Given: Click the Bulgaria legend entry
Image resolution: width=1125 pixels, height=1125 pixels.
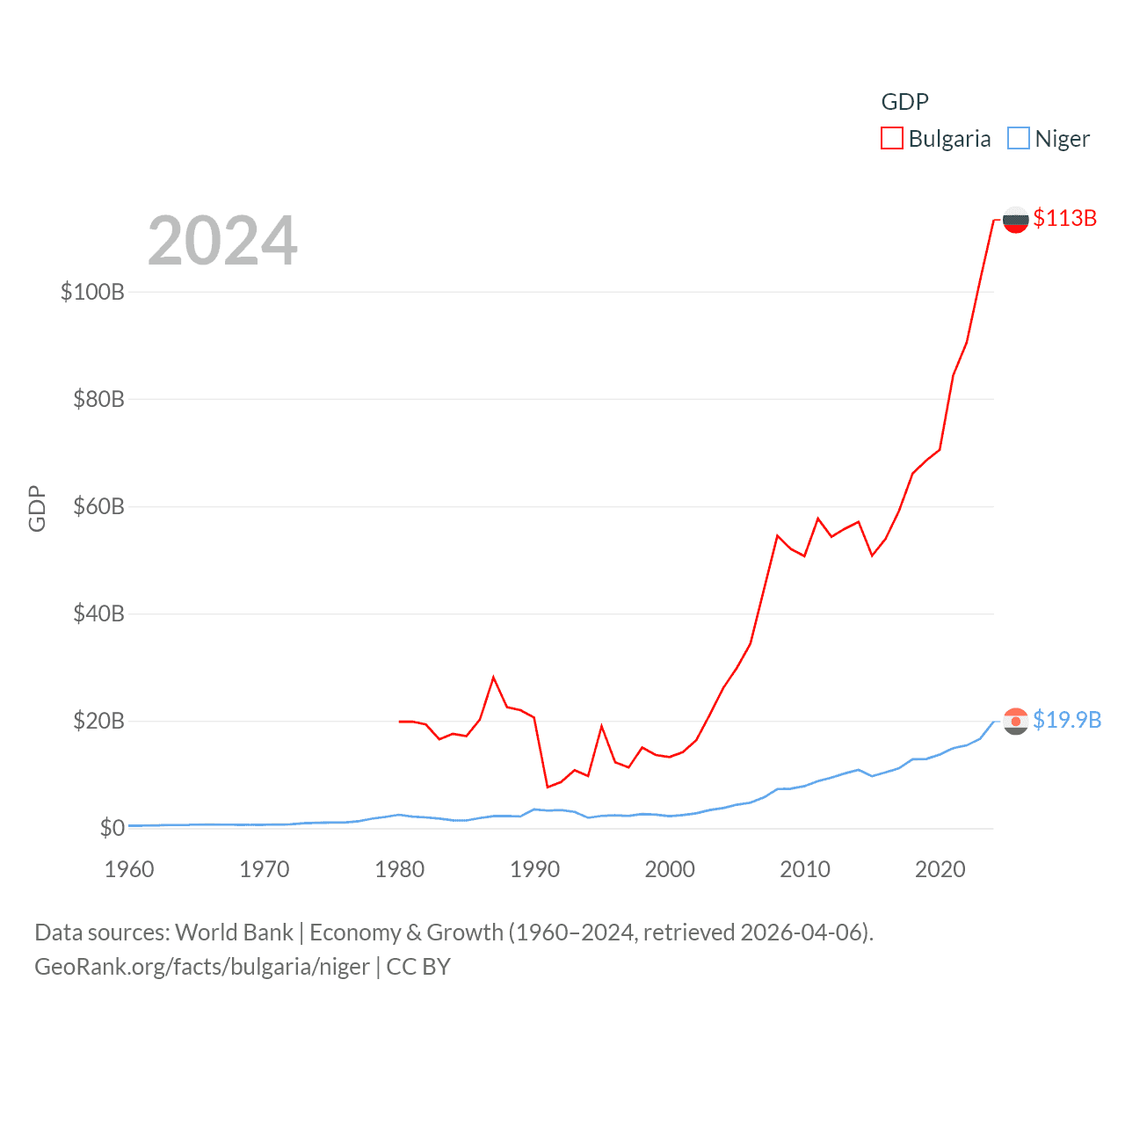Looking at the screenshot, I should pos(937,139).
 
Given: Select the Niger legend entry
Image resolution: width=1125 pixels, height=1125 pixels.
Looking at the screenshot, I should pos(1049,139).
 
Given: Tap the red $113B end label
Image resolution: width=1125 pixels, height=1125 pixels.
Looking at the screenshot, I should pos(1064,218).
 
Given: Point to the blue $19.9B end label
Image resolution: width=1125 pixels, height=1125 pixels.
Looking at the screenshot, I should pos(1066,720).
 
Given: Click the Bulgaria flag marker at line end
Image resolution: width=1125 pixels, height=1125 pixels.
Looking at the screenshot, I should pos(1015,220).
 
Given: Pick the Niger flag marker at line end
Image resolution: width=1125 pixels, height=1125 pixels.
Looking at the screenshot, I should pos(1015,722).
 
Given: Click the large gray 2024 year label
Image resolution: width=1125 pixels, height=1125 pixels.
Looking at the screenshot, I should pos(222,241).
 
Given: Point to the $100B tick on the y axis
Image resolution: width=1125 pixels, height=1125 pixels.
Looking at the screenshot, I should pos(92,292).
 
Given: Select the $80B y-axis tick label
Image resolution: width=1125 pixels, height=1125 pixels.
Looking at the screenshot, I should pos(98,399).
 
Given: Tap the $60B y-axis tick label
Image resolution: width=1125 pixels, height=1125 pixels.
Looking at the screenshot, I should pos(98,506).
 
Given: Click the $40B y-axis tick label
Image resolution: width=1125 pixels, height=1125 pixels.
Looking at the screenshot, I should pos(98,613).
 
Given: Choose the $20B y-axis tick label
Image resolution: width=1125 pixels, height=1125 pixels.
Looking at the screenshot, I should pos(98,721).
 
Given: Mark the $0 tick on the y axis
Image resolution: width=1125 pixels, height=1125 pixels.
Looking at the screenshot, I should pos(112,828).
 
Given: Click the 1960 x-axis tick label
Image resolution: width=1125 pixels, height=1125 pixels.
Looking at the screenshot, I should pos(129,869).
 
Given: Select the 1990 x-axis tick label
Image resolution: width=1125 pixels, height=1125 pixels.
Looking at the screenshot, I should pos(534,869).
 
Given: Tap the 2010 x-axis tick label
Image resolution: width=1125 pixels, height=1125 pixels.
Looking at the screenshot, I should pos(805,869).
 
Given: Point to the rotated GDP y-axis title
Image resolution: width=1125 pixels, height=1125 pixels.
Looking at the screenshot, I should pos(37,508).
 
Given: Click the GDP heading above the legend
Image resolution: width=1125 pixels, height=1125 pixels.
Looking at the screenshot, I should pos(904,102).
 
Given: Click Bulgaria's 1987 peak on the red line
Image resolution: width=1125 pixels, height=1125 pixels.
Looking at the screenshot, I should pos(494,677).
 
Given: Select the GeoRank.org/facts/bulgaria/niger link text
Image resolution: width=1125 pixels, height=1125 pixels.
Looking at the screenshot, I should pos(202,967).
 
